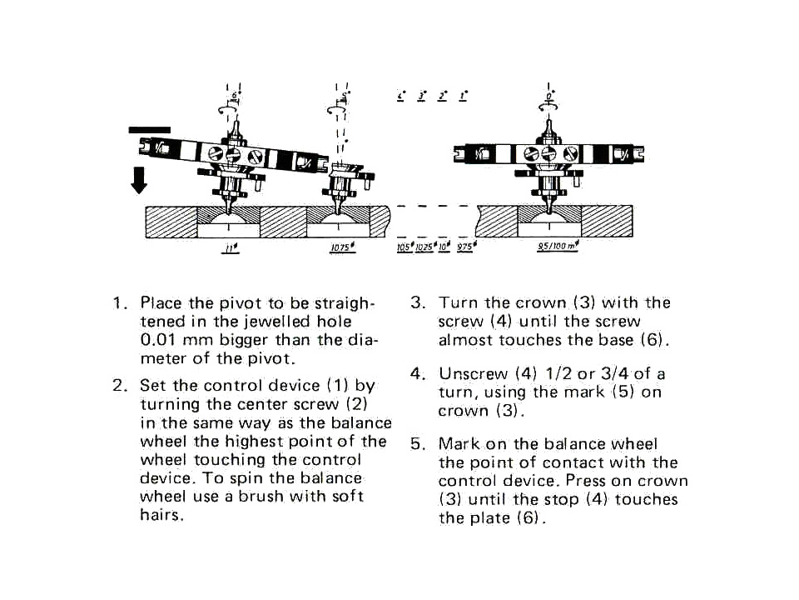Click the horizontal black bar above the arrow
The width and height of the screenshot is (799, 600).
pos(150,129)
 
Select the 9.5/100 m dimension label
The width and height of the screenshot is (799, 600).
pos(557,247)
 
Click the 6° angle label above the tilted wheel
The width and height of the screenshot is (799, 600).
pos(234,97)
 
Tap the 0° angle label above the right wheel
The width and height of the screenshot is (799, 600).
pos(550,97)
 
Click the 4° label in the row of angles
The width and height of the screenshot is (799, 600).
pos(401,97)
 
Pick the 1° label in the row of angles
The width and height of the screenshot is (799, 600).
pos(463,97)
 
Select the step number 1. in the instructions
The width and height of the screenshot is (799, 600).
pos(119,302)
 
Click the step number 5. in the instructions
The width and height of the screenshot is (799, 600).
pos(417,444)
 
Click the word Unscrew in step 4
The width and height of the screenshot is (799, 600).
pos(470,373)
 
